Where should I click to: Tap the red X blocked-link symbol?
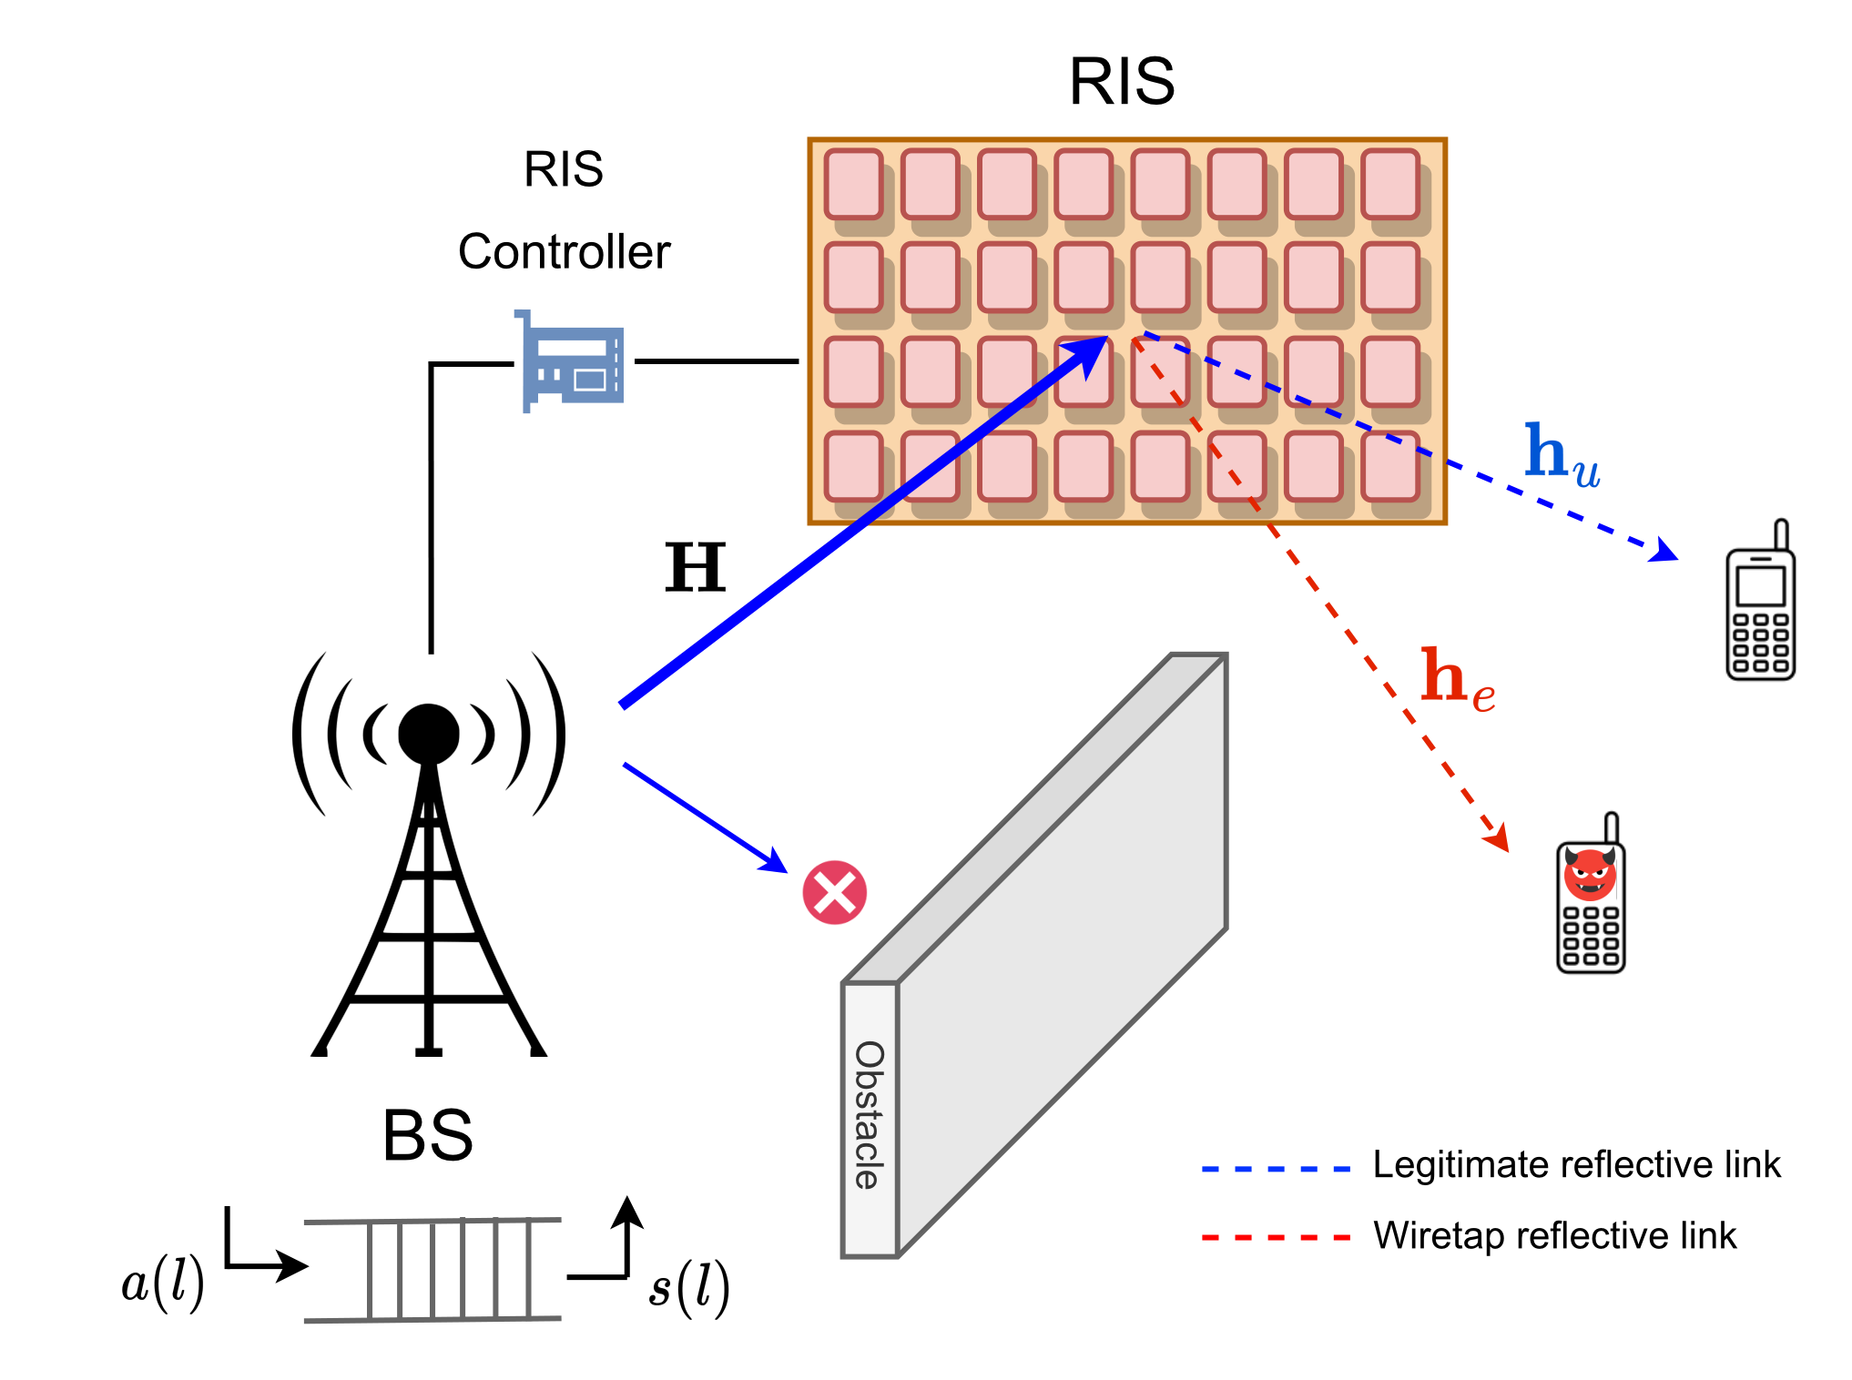point(834,892)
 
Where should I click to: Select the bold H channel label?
point(696,567)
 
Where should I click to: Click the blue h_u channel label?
point(1561,455)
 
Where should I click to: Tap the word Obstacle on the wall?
point(870,1115)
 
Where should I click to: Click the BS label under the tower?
point(428,1135)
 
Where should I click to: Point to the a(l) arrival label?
point(163,1284)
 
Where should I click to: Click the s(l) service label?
point(688,1287)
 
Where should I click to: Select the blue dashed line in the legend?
point(1276,1168)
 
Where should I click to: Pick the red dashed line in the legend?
point(1276,1238)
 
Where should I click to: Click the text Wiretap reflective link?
point(1554,1236)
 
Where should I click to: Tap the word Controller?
point(564,252)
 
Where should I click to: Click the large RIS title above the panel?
point(1122,82)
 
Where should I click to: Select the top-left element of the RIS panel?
point(854,185)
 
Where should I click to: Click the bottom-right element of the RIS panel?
point(1390,466)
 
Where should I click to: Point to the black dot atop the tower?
point(428,734)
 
